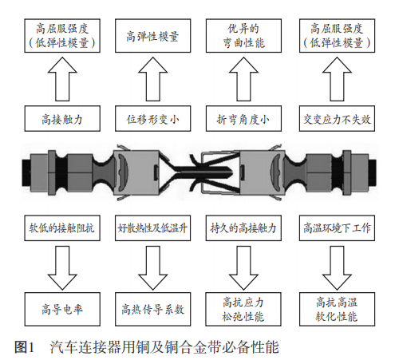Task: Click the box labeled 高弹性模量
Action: tap(152, 36)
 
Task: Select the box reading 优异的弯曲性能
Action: tap(243, 36)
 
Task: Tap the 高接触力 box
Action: tap(62, 118)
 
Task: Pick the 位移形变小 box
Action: tap(152, 118)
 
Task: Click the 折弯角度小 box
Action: tap(243, 118)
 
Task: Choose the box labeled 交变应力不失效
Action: tap(337, 118)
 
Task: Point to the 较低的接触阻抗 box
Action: tap(62, 228)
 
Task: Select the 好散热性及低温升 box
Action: tap(152, 228)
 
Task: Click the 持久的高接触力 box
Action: tap(243, 228)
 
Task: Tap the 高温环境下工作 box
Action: tap(337, 228)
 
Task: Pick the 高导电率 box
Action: tap(62, 309)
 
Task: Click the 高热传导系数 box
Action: tap(152, 309)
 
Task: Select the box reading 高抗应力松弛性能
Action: tap(243, 309)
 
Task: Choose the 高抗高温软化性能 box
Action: tap(337, 309)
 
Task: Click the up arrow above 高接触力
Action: tap(62, 79)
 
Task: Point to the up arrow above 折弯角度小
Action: tap(243, 79)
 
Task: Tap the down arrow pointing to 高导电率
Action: tap(62, 267)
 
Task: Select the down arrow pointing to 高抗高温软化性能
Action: tap(337, 267)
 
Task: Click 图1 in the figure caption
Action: tap(24, 347)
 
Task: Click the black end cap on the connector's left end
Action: tap(26, 172)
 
